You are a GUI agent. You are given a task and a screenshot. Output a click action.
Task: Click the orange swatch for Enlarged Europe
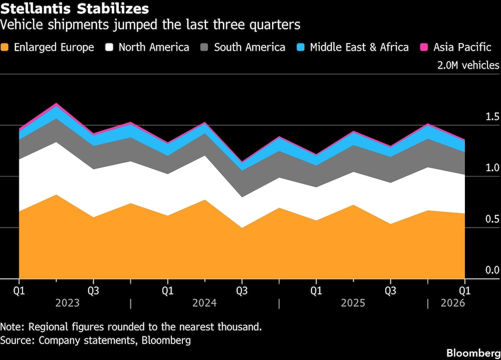click(6, 48)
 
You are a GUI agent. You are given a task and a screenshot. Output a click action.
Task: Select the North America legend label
click(154, 48)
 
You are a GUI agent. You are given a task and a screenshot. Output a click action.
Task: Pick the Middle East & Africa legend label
click(359, 48)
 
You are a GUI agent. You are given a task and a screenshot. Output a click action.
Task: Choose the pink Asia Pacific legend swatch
click(424, 48)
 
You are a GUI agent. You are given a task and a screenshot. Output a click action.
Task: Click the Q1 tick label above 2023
click(19, 290)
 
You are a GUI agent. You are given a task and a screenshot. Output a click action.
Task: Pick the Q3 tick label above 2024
click(242, 290)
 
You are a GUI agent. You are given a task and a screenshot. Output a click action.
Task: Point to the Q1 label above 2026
click(464, 290)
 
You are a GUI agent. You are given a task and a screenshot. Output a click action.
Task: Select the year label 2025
click(353, 303)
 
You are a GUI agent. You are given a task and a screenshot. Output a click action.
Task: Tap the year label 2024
click(204, 303)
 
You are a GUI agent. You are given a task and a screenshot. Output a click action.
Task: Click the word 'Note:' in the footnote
click(13, 327)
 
